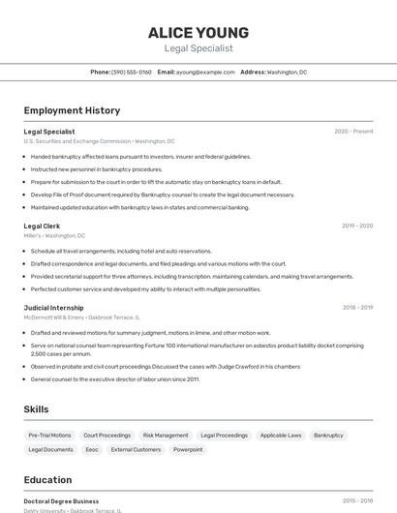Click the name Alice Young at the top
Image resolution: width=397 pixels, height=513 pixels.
(198, 33)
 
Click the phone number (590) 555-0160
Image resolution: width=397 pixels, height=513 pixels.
(132, 72)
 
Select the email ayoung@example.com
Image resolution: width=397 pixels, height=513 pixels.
(204, 72)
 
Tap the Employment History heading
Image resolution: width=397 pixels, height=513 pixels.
(72, 110)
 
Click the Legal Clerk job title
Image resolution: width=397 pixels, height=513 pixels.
(43, 226)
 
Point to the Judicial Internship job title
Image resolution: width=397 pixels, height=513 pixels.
(53, 307)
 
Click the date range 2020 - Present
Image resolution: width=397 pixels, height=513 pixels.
(353, 131)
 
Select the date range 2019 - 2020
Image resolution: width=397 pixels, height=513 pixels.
(357, 226)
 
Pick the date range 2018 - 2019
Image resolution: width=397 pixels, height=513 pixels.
(357, 307)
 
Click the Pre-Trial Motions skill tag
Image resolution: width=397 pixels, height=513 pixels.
(49, 436)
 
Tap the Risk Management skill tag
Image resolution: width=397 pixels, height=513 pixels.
(166, 436)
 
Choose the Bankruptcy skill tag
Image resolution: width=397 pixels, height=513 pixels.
(328, 436)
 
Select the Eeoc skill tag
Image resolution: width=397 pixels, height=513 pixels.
(92, 449)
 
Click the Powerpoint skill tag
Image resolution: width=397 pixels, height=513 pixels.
(188, 449)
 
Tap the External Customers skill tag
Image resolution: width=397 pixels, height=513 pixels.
(136, 449)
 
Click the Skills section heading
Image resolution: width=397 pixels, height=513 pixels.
(37, 409)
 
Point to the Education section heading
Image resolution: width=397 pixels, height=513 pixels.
(47, 480)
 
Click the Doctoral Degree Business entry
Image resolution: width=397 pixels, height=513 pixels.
(61, 501)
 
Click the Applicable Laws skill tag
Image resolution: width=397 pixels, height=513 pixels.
(281, 436)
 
